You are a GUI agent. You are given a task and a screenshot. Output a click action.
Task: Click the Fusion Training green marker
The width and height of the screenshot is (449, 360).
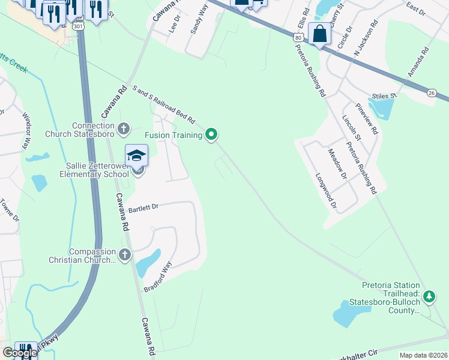pyautogui.click(x=211, y=134)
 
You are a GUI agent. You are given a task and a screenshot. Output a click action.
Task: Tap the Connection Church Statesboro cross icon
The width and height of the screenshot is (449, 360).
pyautogui.click(x=124, y=128)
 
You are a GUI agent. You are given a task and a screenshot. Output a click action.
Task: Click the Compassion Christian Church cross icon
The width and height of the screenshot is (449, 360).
pyautogui.click(x=124, y=255)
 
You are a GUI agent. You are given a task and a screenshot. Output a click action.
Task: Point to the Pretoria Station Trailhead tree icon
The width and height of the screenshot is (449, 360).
pyautogui.click(x=429, y=296)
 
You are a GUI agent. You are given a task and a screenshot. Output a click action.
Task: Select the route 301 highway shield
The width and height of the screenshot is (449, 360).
pyautogui.click(x=77, y=26)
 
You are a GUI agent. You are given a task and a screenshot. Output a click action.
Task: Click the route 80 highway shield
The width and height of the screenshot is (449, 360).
pyautogui.click(x=298, y=37)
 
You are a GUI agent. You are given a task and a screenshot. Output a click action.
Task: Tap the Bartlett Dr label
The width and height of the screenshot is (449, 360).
pyautogui.click(x=143, y=208)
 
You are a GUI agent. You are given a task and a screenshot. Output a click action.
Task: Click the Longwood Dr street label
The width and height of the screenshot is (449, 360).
pyautogui.click(x=327, y=192)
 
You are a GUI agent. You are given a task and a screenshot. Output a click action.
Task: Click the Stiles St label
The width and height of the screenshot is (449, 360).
pyautogui.click(x=384, y=95)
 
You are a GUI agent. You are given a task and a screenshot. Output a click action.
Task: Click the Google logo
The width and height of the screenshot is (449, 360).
pyautogui.click(x=20, y=353)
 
